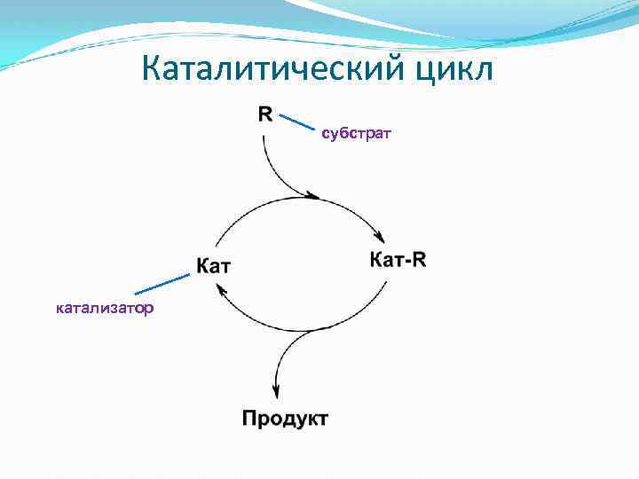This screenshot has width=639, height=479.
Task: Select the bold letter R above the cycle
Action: (265, 114)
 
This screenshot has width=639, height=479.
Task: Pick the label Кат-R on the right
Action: (397, 260)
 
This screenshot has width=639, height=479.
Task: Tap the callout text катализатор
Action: (105, 309)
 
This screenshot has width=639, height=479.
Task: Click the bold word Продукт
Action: (285, 418)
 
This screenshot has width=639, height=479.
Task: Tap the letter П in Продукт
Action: (251, 418)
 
